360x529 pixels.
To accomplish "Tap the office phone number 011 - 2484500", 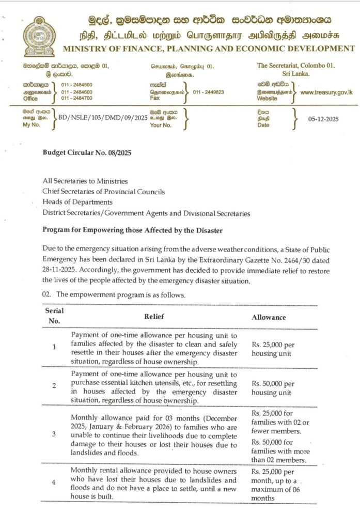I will pos(76,84).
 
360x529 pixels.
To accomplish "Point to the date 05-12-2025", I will pos(323,118).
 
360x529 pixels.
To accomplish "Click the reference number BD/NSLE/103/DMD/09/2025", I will pos(103,118).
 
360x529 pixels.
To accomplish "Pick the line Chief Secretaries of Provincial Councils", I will pos(104,192).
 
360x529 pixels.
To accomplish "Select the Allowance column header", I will pos(269,317).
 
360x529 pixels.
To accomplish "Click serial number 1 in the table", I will pos(54,347).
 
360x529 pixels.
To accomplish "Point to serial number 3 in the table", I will pos(54,434).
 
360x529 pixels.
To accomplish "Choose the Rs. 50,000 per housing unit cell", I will pos(273,388).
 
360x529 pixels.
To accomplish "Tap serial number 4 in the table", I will pos(54,483).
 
